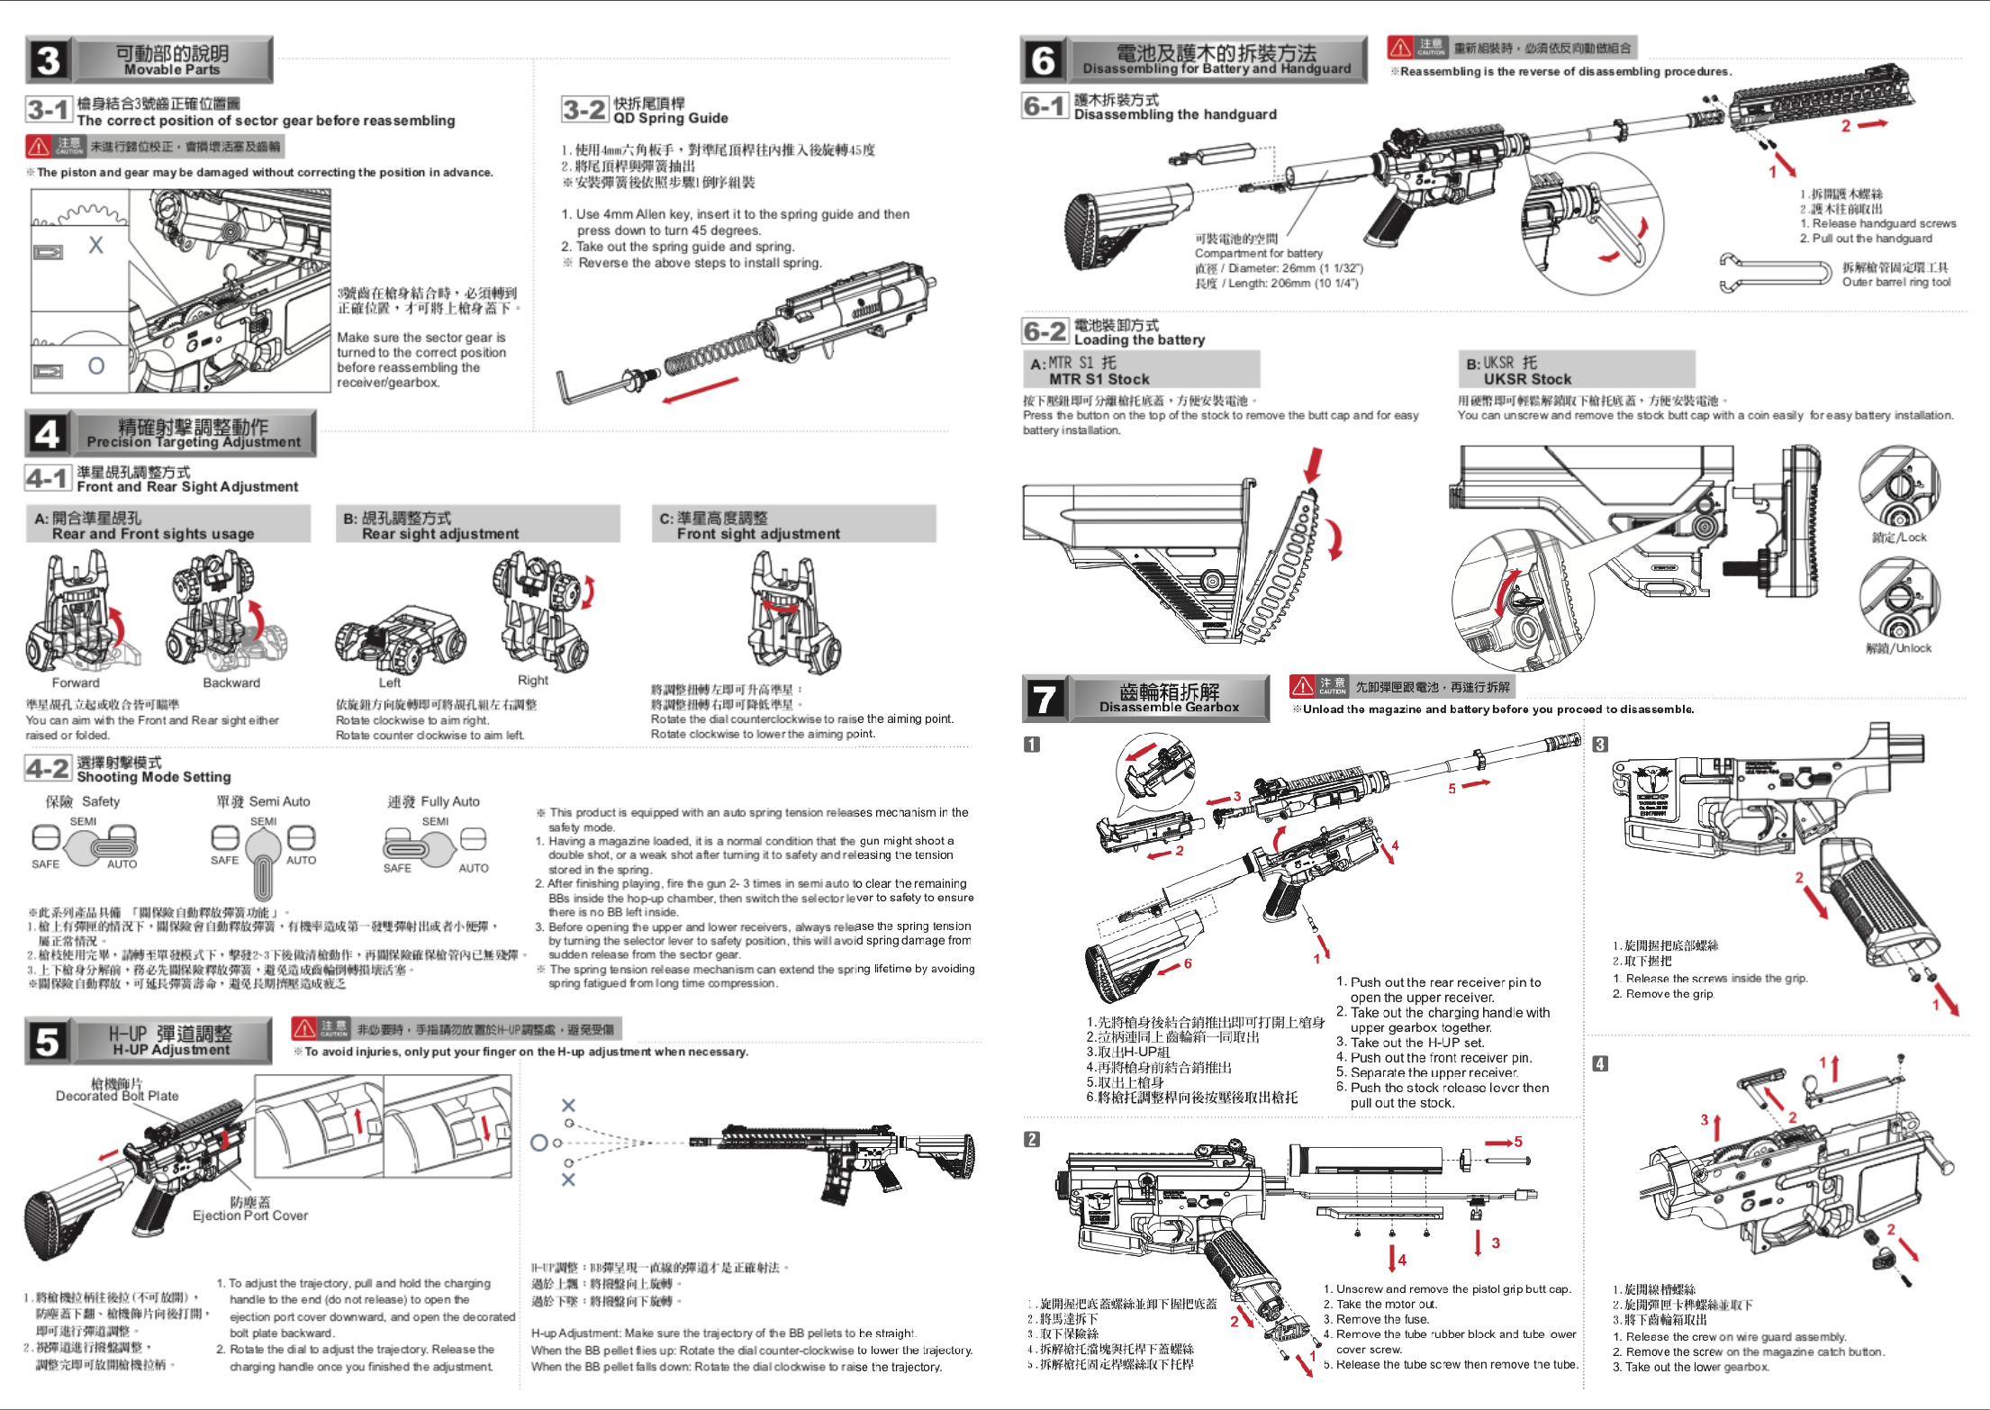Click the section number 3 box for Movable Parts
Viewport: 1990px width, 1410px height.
coord(49,59)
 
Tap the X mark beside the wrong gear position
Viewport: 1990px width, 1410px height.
coord(95,245)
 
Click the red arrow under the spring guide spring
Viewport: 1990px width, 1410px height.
coord(700,391)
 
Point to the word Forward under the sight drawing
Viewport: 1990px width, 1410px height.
coord(76,682)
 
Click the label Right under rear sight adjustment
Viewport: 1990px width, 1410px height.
coord(533,681)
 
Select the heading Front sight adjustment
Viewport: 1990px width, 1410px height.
coord(758,533)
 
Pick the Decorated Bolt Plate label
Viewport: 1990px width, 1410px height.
coord(117,1096)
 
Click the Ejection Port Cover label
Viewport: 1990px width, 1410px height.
coord(250,1216)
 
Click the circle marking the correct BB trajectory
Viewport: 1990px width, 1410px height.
coord(538,1143)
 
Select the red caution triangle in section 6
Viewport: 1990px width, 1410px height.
coord(1400,47)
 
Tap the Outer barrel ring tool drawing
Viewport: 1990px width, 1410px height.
coord(1774,273)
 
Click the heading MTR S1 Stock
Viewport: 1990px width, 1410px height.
coord(1099,379)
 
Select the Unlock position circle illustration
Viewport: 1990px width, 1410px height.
coord(1899,599)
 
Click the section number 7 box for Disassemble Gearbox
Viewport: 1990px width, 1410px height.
coord(1045,699)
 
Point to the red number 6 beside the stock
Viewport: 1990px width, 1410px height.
coord(1188,963)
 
